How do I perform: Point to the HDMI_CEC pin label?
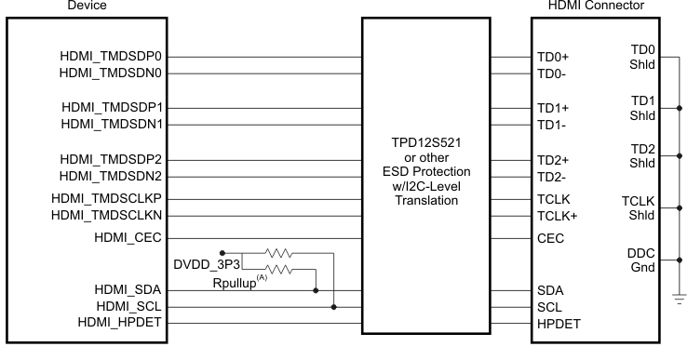130,237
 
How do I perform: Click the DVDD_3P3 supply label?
206,266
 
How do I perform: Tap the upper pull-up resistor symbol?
278,252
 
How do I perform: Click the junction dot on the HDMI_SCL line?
333,306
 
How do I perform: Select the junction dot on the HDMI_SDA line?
317,289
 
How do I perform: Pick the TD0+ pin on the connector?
553,57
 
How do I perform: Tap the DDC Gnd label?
641,260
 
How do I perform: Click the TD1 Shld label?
641,107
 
